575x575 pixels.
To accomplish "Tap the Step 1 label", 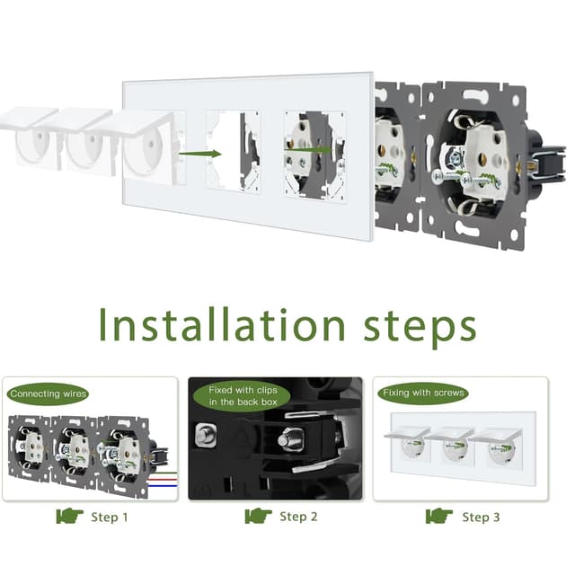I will click(x=110, y=517).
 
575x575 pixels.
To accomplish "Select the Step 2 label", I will click(x=298, y=517).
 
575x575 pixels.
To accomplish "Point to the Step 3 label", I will click(x=481, y=517).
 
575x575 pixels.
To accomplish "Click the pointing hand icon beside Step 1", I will click(x=69, y=516).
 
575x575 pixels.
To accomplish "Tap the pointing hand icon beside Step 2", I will click(x=258, y=516).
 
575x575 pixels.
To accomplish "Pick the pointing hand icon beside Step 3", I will click(x=439, y=516).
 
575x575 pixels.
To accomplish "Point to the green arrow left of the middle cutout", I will click(x=199, y=154).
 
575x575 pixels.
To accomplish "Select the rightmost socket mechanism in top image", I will click(x=475, y=165).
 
